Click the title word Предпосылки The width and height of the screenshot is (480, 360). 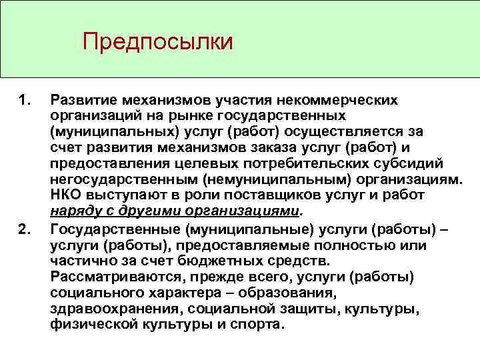(x=158, y=42)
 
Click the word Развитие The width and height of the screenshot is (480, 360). (x=83, y=101)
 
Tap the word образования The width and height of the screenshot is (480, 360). (x=299, y=292)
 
